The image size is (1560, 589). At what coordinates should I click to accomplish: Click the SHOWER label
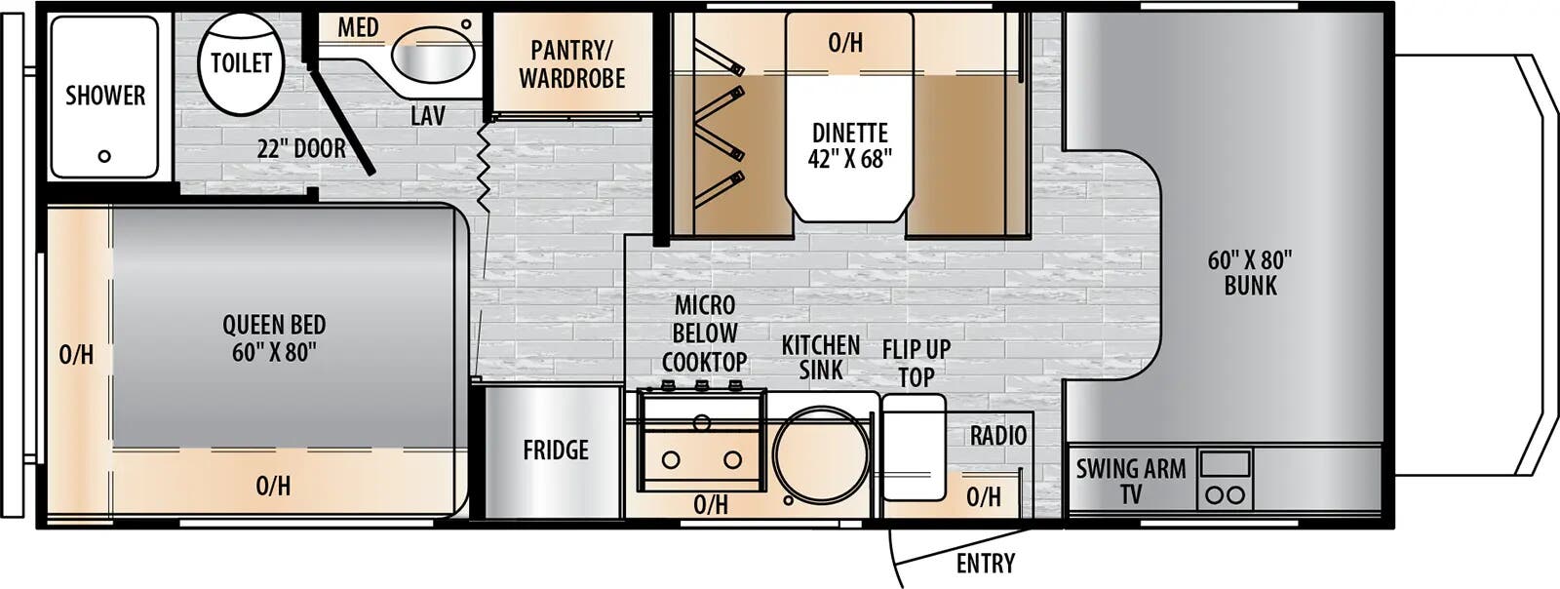click(x=105, y=96)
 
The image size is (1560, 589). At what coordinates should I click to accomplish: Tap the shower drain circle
click(x=104, y=156)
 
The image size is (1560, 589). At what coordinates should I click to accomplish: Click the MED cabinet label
click(x=358, y=27)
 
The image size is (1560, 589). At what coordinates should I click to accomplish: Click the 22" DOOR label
click(x=301, y=149)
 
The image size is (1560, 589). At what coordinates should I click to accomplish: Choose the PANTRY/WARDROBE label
click(x=572, y=63)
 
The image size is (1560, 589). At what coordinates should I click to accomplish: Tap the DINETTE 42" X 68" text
click(x=849, y=145)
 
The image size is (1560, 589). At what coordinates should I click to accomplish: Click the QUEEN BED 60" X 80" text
click(x=274, y=338)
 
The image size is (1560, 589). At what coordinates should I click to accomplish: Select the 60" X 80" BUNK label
click(x=1250, y=272)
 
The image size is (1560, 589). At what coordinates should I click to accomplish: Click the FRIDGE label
click(x=556, y=451)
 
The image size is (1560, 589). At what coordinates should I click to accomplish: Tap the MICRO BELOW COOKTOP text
click(x=704, y=334)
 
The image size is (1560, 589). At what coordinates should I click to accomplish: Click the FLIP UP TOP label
click(x=916, y=363)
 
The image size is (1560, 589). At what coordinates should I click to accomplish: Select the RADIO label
click(x=998, y=436)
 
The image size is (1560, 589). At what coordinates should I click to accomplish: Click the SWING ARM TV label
click(x=1131, y=481)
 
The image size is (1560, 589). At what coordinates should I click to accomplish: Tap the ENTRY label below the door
click(x=985, y=564)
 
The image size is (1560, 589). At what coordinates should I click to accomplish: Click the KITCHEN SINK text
click(x=821, y=357)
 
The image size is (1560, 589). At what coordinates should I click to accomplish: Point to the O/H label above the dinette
click(x=845, y=42)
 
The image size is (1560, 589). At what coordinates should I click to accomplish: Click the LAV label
click(x=427, y=117)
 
